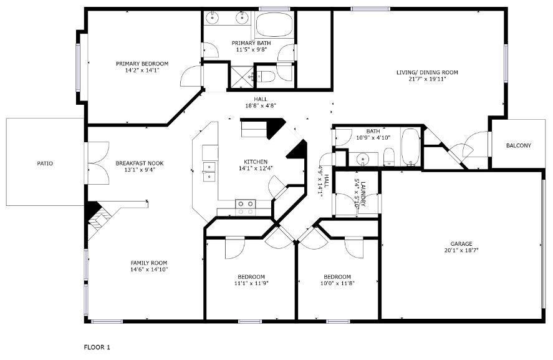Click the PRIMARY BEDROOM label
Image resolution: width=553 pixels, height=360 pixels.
(142, 63)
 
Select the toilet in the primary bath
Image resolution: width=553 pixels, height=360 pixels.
(266, 77)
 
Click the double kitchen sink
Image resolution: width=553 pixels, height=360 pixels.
(209, 170)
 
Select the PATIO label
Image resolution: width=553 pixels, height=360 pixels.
(45, 163)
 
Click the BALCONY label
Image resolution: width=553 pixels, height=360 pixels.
(518, 146)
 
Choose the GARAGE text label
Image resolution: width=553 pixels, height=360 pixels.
(461, 244)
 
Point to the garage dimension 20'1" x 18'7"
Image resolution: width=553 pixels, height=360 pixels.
(461, 251)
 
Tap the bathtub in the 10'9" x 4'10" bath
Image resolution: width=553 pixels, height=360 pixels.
(411, 147)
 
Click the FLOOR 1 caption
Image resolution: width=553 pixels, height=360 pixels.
(97, 346)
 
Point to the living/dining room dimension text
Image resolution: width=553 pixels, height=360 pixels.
(427, 79)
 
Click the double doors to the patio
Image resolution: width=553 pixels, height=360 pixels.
(94, 163)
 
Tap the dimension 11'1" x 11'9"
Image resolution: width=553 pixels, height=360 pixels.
(251, 284)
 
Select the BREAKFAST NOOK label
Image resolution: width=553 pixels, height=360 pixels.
(140, 163)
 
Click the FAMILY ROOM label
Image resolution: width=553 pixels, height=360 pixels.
(148, 263)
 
